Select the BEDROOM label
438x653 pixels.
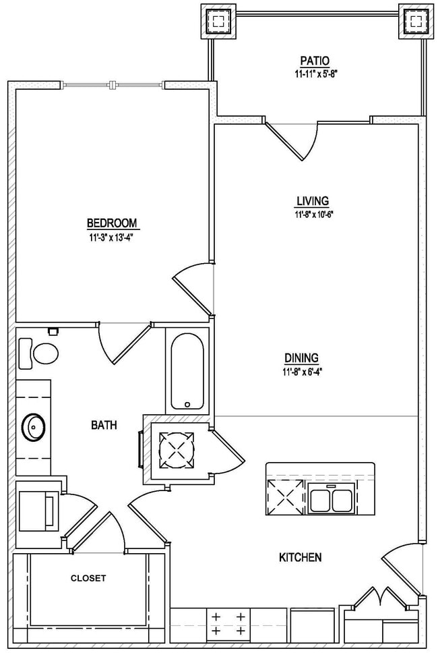[x=112, y=223]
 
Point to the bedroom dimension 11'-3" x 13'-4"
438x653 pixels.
[x=112, y=237]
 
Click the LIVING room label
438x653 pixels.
[x=313, y=201]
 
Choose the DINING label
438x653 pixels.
[x=301, y=358]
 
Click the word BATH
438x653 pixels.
[x=104, y=425]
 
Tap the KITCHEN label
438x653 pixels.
[x=300, y=557]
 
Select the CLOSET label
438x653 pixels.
[x=88, y=578]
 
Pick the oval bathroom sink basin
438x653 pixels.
[x=33, y=426]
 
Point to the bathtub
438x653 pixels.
[x=187, y=371]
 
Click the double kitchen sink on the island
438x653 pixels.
[x=331, y=499]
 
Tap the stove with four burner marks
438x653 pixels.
[x=228, y=624]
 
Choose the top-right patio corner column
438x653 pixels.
[x=415, y=22]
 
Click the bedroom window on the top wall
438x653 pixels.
[x=114, y=85]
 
